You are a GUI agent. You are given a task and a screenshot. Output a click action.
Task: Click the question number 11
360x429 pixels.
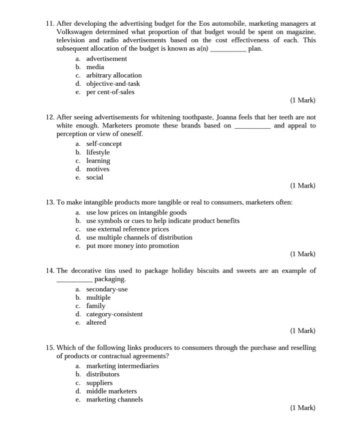[x=50, y=23]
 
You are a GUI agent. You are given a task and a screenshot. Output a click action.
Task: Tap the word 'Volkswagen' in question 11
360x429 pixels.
[x=76, y=31]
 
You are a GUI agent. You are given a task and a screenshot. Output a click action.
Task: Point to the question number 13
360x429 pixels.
[x=50, y=202]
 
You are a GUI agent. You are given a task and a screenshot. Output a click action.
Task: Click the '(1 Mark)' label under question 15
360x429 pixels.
[x=302, y=408]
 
